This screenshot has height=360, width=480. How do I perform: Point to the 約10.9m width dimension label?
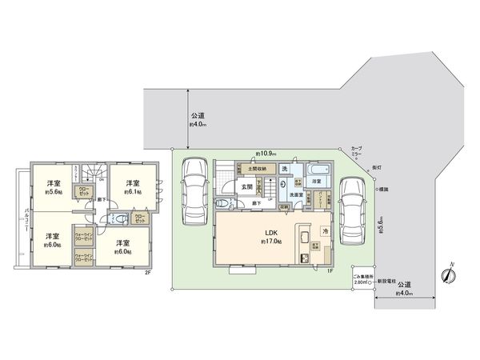pos(266,152)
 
